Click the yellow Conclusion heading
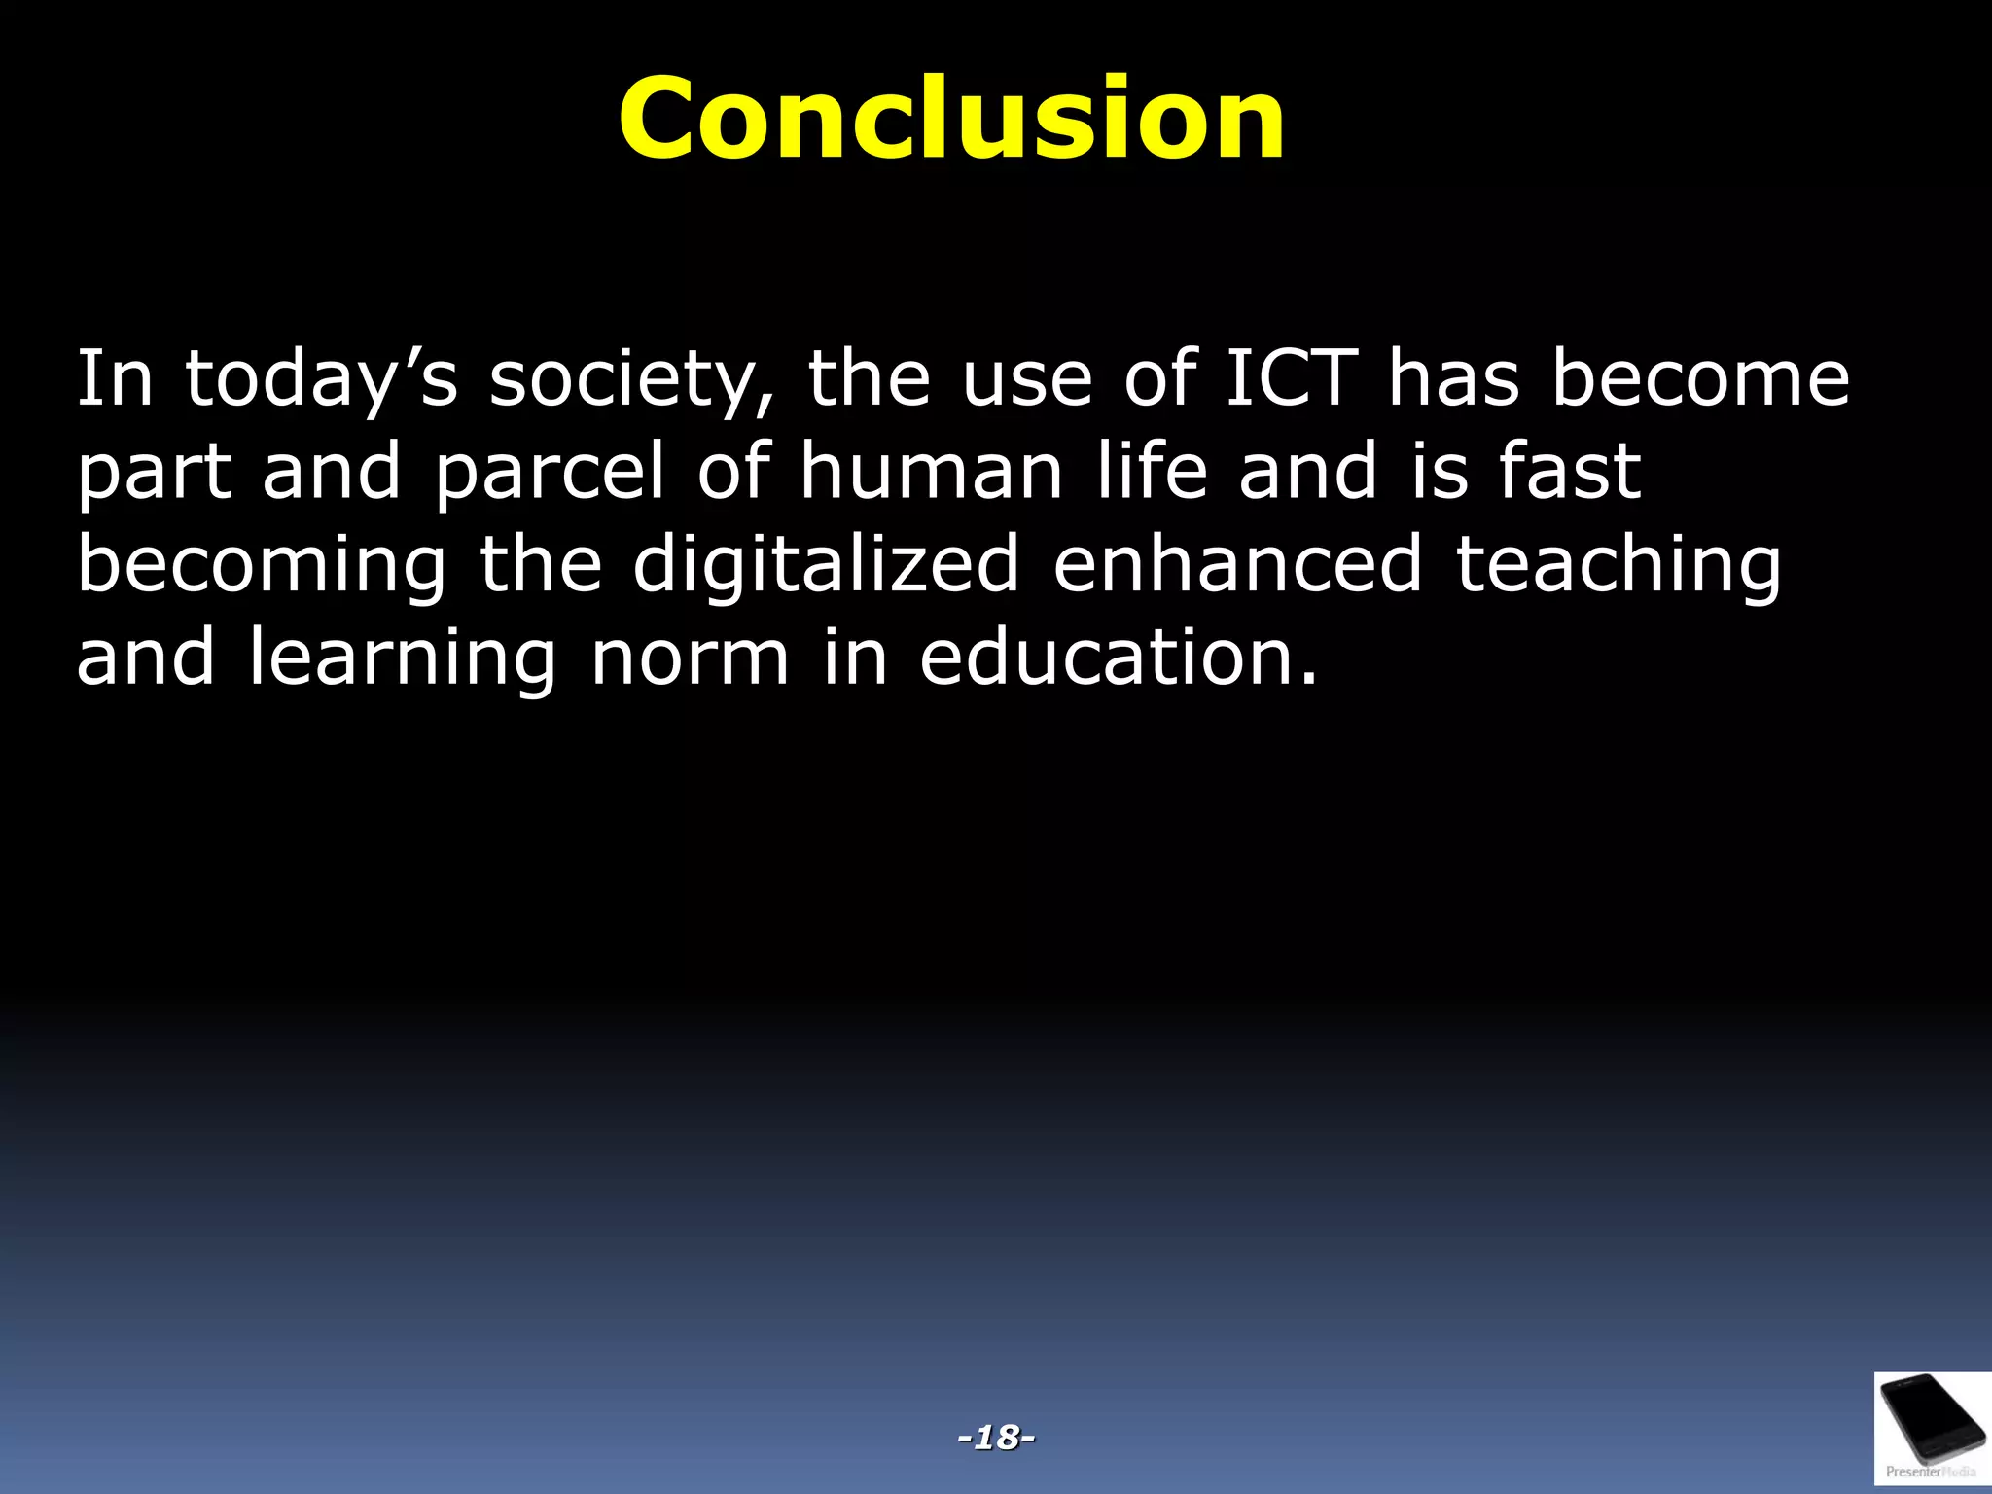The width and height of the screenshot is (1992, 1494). point(952,119)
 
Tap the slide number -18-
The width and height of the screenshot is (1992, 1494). point(996,1436)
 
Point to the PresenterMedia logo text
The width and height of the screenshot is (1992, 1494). point(1930,1472)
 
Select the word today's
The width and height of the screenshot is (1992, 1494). point(321,379)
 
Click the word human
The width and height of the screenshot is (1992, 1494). point(932,472)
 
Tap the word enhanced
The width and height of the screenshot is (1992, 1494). point(1238,563)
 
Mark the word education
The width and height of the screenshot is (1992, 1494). point(1119,658)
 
